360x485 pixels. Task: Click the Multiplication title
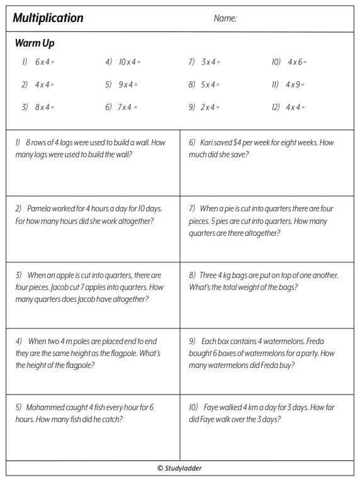[48, 18]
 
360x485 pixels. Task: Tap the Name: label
[225, 19]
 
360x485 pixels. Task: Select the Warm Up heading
[35, 43]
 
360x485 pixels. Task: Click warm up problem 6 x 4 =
[45, 62]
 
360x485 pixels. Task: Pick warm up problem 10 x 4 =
[130, 62]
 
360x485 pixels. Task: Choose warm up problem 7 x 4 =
[128, 107]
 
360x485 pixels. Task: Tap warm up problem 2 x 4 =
[210, 107]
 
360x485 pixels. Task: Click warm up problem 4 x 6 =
[297, 62]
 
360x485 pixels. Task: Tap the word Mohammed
[48, 407]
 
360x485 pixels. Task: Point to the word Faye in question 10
[213, 407]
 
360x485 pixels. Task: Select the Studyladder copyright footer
[179, 468]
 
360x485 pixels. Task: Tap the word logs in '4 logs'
[69, 143]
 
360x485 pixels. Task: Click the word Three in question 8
[210, 275]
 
